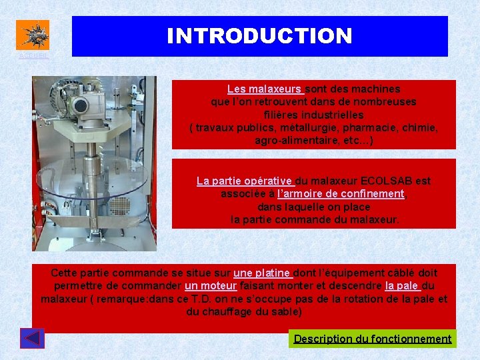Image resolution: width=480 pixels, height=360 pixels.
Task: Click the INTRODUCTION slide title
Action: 259,36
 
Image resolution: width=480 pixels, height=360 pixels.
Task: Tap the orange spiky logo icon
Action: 33,34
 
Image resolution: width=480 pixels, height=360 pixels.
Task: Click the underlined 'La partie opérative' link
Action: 245,181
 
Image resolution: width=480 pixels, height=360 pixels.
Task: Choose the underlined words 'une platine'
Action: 262,273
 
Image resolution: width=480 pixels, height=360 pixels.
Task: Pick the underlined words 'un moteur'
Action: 211,286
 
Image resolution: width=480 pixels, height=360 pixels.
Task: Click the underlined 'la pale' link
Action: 401,286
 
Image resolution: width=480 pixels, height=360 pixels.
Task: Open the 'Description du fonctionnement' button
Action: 373,339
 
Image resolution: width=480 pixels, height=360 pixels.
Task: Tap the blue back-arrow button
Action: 33,339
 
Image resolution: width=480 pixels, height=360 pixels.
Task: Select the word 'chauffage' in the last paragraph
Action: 225,312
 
